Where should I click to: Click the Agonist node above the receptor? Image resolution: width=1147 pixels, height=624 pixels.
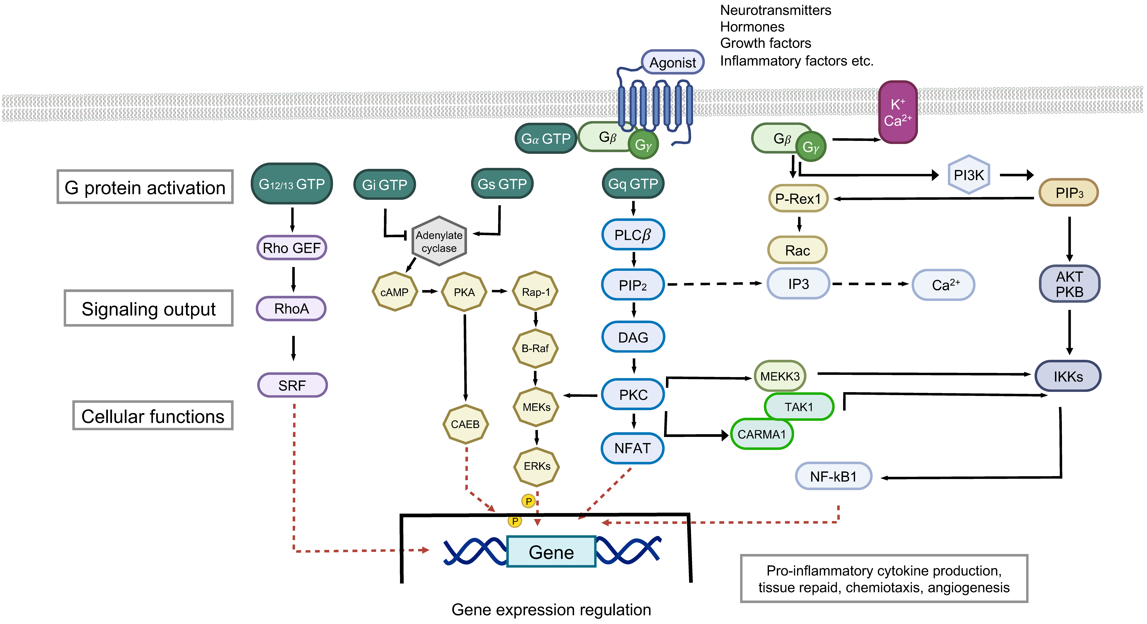(672, 62)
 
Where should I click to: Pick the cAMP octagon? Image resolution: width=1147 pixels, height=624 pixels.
(395, 292)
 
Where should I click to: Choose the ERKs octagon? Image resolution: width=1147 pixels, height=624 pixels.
(536, 466)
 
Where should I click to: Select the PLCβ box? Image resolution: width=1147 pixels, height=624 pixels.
(633, 235)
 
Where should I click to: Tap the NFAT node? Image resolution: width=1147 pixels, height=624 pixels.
(632, 448)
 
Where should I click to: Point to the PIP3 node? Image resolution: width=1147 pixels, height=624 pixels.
(1069, 193)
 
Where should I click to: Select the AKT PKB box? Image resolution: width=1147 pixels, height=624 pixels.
(1069, 284)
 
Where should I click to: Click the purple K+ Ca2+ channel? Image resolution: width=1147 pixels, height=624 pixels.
(898, 112)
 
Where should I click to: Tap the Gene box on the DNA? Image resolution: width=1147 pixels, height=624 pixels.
(551, 552)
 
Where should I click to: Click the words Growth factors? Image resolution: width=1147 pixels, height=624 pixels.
(765, 43)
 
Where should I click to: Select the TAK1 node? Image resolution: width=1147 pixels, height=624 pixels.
(799, 407)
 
